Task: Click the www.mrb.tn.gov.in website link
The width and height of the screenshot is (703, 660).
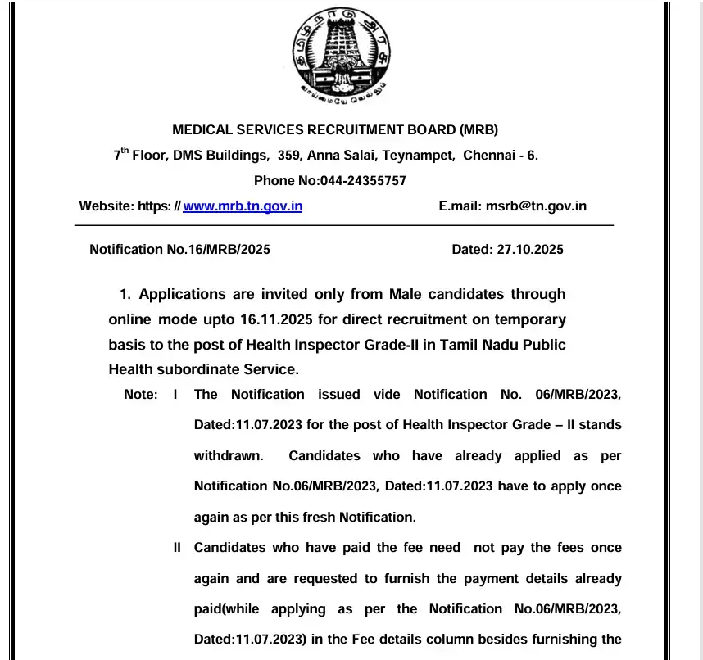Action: coord(243,206)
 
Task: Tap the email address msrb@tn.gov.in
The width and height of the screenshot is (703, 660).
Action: coord(536,206)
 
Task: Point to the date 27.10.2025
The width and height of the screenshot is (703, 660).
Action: coord(530,250)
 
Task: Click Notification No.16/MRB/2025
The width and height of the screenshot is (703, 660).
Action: coord(179,250)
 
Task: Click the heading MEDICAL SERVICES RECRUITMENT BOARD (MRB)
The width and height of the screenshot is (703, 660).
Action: coord(335,129)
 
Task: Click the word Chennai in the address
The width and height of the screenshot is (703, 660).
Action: coord(490,155)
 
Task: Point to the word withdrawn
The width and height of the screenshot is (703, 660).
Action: coord(229,455)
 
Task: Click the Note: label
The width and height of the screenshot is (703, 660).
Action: coord(140,394)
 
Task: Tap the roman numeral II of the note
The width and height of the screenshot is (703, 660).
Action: coord(177,547)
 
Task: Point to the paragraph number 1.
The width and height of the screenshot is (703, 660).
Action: coord(125,293)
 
